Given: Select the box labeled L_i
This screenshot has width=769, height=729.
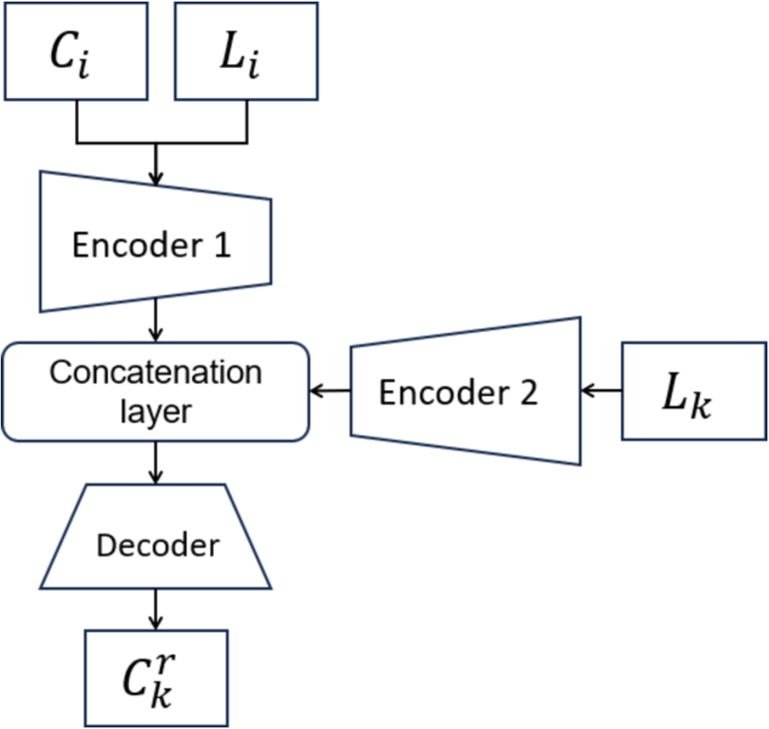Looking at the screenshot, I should pyautogui.click(x=246, y=51).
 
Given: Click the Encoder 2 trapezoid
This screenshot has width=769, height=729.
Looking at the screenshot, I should pyautogui.click(x=465, y=391).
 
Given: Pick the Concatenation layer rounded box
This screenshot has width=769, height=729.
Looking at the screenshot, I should pyautogui.click(x=156, y=391).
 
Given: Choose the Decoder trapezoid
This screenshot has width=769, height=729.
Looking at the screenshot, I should pyautogui.click(x=156, y=537).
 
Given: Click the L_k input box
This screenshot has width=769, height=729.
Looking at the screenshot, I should pyautogui.click(x=694, y=391).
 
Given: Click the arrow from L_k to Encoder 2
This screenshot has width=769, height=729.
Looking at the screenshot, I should pyautogui.click(x=602, y=391).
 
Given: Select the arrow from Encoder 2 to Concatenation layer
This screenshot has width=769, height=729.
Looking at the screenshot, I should pyautogui.click(x=331, y=391).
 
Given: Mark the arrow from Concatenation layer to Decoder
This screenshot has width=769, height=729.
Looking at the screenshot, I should pyautogui.click(x=156, y=462).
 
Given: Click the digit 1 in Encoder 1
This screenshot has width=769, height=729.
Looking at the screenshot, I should pyautogui.click(x=222, y=246).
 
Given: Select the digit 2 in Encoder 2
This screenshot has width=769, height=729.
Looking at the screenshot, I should pyautogui.click(x=528, y=393).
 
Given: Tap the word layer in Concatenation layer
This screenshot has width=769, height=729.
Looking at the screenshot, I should pyautogui.click(x=156, y=410).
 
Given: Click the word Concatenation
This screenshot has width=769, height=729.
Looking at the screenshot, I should pyautogui.click(x=156, y=372).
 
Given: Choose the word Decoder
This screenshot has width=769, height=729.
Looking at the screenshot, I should pyautogui.click(x=157, y=546).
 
